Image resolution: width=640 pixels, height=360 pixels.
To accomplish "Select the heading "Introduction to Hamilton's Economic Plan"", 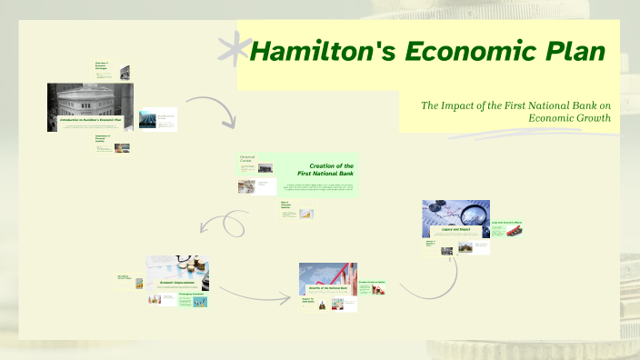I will coord(90,119).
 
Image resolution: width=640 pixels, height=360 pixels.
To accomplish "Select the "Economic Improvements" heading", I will coord(179,282).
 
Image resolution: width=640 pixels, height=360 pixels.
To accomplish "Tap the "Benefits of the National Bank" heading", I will coord(328,288).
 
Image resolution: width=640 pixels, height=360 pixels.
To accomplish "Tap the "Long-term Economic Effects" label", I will coord(507,223).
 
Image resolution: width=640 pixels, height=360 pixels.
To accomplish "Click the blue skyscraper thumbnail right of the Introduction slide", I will coord(147,119).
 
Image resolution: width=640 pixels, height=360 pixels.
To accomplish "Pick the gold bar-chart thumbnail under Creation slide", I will coord(307,214).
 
